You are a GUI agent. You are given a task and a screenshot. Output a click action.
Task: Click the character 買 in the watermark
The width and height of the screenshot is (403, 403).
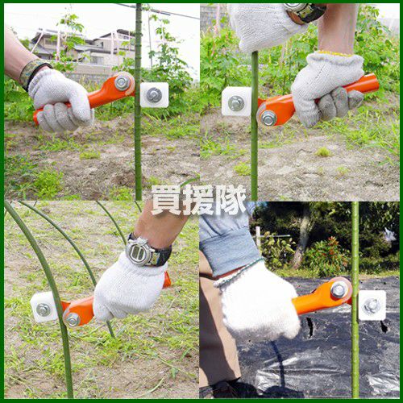(167, 200)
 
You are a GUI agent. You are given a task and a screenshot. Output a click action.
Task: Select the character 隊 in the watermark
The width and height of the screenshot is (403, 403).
(231, 200)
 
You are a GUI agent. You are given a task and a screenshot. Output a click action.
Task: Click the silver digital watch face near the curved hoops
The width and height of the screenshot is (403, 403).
(138, 251)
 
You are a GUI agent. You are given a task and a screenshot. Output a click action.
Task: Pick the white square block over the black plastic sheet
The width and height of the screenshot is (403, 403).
(372, 305)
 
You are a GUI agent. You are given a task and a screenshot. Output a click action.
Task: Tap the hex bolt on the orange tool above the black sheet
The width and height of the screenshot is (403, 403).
(339, 289)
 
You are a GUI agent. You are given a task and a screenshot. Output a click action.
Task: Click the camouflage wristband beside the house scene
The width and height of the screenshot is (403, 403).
(33, 73)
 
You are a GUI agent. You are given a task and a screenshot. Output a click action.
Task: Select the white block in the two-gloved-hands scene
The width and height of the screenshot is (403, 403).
(236, 102)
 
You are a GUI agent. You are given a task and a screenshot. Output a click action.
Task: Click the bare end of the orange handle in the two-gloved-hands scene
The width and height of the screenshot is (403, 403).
(374, 82)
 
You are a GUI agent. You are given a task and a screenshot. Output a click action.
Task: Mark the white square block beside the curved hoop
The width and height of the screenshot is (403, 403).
(44, 307)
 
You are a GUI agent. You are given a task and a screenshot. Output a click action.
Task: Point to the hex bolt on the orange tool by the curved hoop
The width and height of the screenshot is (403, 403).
(73, 319)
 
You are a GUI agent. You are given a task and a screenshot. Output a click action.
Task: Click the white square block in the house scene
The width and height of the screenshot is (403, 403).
(155, 95)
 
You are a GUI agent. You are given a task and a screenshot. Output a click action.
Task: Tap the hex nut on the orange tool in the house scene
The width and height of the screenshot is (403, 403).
(123, 83)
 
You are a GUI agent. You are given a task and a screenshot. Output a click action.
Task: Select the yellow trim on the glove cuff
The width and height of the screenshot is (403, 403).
(336, 53)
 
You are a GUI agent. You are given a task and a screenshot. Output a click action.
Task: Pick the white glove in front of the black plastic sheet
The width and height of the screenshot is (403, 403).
(260, 304)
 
